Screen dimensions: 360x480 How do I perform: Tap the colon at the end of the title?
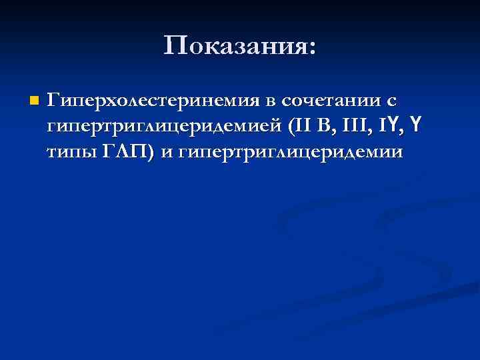(x=313, y=48)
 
